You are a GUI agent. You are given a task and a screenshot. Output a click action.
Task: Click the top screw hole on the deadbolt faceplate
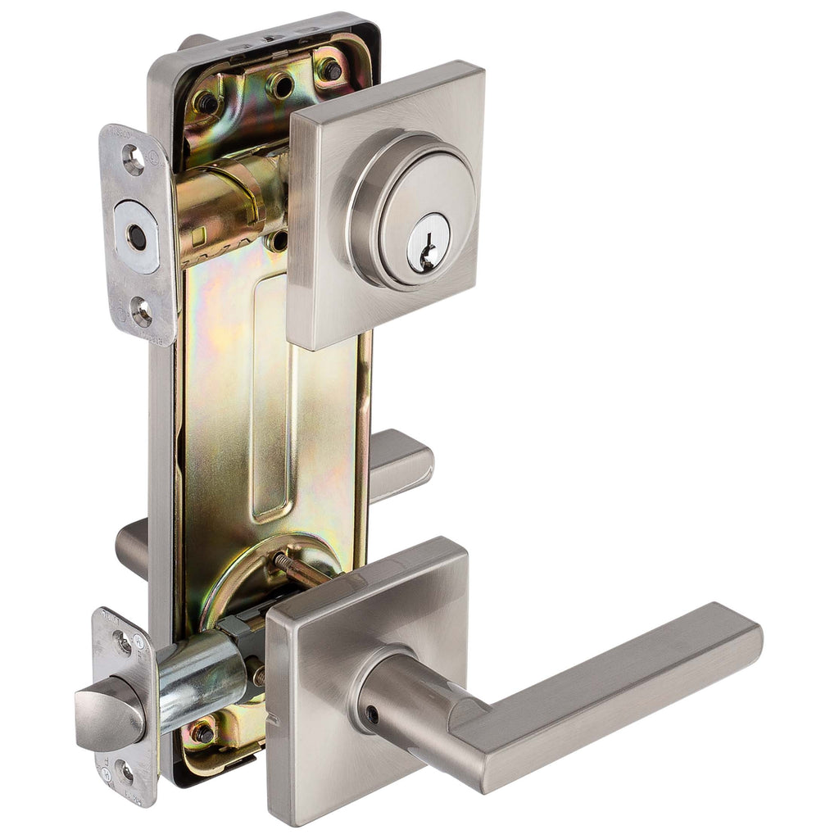click(x=133, y=160)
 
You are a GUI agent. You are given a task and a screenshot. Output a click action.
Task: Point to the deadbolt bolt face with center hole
click(x=137, y=237)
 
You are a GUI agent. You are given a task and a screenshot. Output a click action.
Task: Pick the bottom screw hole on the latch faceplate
click(x=125, y=770)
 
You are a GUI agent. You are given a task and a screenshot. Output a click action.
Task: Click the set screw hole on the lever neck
click(x=371, y=714)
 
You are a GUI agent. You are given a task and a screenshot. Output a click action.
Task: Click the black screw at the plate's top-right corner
click(x=330, y=70)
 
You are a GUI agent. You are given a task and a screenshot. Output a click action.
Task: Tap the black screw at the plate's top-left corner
click(x=206, y=102)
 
